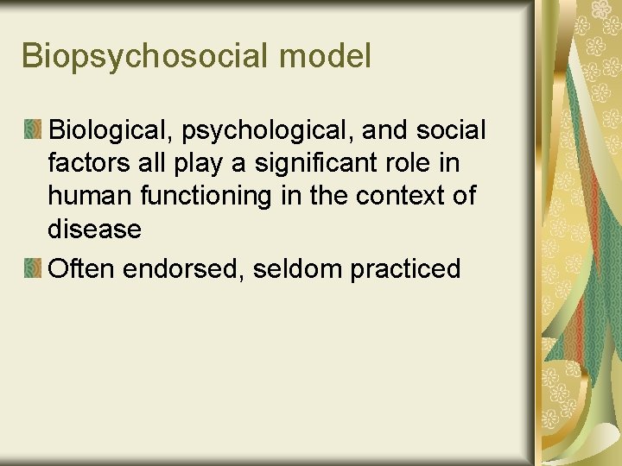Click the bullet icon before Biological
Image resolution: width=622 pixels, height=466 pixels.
(x=33, y=131)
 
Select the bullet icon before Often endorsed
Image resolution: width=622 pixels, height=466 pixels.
(x=33, y=269)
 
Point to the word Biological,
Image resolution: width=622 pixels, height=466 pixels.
(x=113, y=131)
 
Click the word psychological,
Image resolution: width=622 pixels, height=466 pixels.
(x=270, y=131)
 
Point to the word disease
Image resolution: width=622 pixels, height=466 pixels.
(x=94, y=230)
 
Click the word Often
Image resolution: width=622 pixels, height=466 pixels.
(x=83, y=269)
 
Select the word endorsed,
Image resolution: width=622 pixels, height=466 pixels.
(x=186, y=269)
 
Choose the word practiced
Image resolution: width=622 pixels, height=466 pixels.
(x=405, y=269)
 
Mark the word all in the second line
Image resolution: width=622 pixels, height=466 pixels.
(x=160, y=164)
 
